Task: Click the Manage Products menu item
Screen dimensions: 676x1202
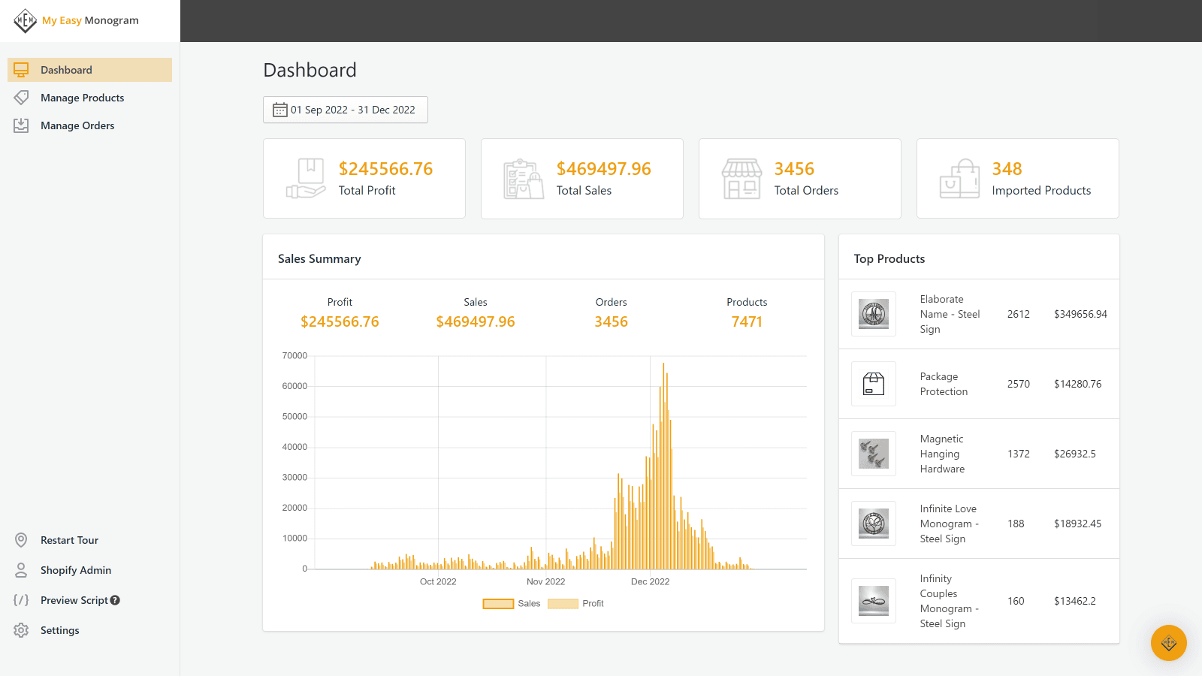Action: click(x=82, y=98)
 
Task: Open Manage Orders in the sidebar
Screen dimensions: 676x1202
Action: click(x=77, y=125)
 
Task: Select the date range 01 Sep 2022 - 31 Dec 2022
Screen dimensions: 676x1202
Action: click(x=346, y=110)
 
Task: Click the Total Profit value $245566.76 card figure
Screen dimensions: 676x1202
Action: click(x=385, y=169)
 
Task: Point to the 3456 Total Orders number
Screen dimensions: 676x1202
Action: click(x=794, y=169)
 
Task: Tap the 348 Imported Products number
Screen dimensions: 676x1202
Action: click(x=1007, y=169)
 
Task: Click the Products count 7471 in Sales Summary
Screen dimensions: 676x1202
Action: click(x=747, y=321)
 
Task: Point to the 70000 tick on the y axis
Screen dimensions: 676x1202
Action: click(x=294, y=356)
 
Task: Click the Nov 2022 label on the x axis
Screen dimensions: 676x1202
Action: click(x=545, y=581)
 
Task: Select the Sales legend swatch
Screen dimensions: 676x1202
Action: click(x=498, y=604)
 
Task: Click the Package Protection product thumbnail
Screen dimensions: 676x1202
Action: click(x=874, y=384)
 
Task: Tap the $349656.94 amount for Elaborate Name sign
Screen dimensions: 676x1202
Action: click(x=1080, y=314)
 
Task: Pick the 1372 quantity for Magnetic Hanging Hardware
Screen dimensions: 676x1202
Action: click(x=1019, y=454)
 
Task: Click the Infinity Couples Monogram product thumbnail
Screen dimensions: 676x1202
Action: click(x=874, y=601)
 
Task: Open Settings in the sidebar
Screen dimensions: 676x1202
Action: click(x=59, y=630)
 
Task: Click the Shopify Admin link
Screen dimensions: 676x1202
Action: click(x=75, y=570)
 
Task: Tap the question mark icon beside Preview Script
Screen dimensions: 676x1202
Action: click(x=115, y=600)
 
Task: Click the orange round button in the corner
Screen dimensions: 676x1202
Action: click(x=1168, y=643)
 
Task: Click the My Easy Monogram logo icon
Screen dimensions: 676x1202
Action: click(x=25, y=20)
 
